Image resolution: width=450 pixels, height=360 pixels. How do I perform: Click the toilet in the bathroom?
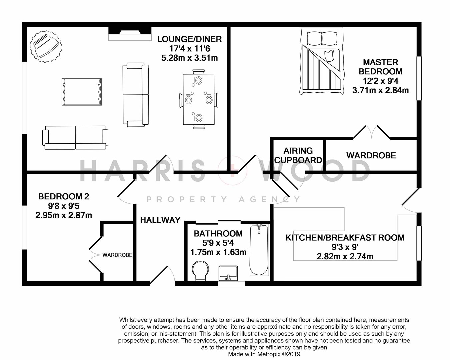click(200, 270)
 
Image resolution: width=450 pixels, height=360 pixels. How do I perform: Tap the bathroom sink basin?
click(228, 273)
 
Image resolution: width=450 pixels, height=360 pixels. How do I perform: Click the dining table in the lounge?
click(199, 99)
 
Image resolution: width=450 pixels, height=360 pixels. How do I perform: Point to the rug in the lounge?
click(82, 92)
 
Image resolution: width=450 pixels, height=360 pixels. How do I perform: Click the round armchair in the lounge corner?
click(46, 46)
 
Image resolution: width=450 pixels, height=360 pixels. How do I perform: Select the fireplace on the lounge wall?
click(130, 34)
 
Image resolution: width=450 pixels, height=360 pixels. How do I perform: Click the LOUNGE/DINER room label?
click(189, 39)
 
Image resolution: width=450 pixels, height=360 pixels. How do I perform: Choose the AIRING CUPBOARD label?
click(298, 155)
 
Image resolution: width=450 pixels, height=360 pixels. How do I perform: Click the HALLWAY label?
click(160, 220)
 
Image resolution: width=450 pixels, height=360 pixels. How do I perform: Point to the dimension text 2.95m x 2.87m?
click(64, 215)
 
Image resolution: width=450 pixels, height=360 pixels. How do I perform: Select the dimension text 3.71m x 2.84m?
click(380, 90)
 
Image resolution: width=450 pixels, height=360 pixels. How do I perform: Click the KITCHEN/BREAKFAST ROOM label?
click(345, 238)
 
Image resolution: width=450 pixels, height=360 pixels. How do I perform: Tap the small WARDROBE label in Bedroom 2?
click(117, 255)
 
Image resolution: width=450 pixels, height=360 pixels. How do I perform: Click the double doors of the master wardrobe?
click(371, 132)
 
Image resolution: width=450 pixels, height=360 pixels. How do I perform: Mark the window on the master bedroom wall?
click(419, 78)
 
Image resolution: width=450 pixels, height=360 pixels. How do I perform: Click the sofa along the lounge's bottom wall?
click(75, 137)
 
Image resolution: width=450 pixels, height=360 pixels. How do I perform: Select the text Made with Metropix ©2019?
click(264, 354)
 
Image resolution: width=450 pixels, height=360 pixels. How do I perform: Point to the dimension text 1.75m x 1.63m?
click(218, 252)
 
